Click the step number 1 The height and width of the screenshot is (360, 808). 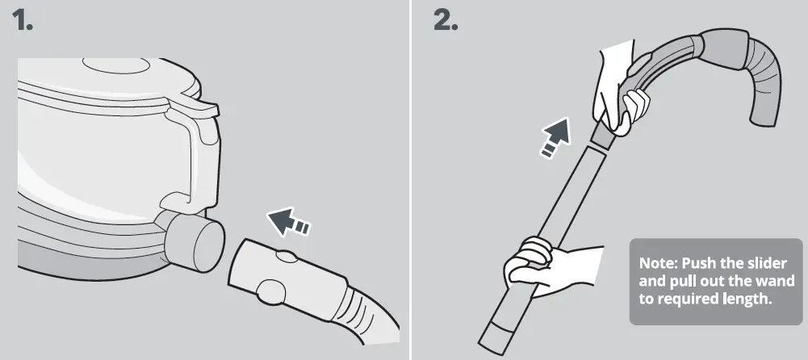point(22,21)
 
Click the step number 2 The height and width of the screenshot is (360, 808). point(446,21)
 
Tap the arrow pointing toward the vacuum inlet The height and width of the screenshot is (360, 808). point(288,222)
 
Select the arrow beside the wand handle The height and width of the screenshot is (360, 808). point(555,137)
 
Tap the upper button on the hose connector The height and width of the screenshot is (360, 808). point(286,256)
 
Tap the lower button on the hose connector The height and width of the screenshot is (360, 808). point(271,291)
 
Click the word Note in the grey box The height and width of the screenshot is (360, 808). point(658,264)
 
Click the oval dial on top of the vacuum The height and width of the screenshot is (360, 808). point(116,65)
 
